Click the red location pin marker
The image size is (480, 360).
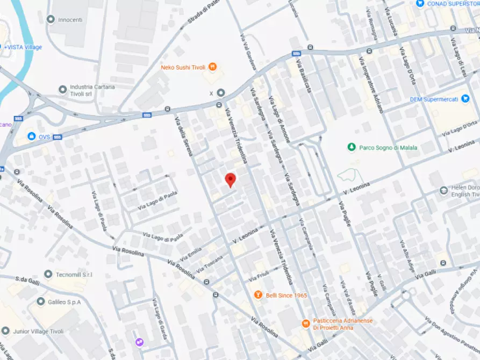click(230, 179)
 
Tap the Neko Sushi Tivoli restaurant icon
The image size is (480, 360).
click(213, 67)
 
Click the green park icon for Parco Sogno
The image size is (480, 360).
click(351, 147)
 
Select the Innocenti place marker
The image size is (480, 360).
click(51, 19)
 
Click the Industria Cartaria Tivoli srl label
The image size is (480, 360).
click(92, 90)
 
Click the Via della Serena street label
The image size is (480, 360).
click(183, 137)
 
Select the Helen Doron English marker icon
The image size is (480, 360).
click(443, 190)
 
